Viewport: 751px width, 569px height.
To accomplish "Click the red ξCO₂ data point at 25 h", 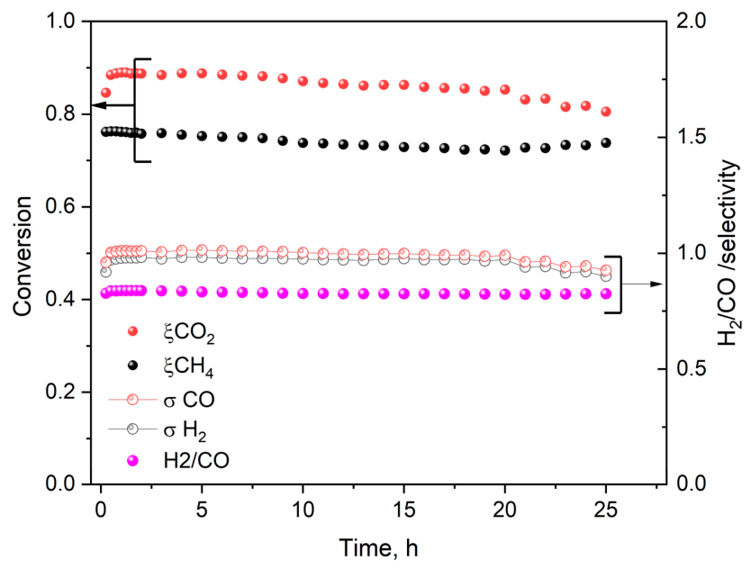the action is click(x=606, y=112).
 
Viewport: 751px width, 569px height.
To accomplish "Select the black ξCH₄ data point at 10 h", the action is click(x=303, y=143).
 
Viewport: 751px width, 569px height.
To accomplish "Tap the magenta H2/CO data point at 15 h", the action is click(x=403, y=294).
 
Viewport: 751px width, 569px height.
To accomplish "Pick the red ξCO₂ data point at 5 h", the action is click(x=202, y=73).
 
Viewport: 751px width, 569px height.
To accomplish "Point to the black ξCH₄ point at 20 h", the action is click(x=505, y=150).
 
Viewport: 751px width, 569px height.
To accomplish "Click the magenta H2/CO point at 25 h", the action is click(x=606, y=294).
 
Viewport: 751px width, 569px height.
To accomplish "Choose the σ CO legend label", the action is click(x=189, y=400).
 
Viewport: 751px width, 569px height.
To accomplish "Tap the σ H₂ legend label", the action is click(x=185, y=431).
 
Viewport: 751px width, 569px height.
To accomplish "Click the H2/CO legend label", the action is click(x=196, y=460).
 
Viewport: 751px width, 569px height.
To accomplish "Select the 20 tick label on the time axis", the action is click(x=505, y=510).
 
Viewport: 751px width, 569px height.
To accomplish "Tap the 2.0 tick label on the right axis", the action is click(x=691, y=21).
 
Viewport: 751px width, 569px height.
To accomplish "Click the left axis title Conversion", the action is click(x=22, y=257).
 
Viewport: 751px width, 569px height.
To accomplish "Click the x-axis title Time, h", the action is click(x=378, y=548).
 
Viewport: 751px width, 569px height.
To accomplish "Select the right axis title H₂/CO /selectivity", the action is click(x=728, y=253).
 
